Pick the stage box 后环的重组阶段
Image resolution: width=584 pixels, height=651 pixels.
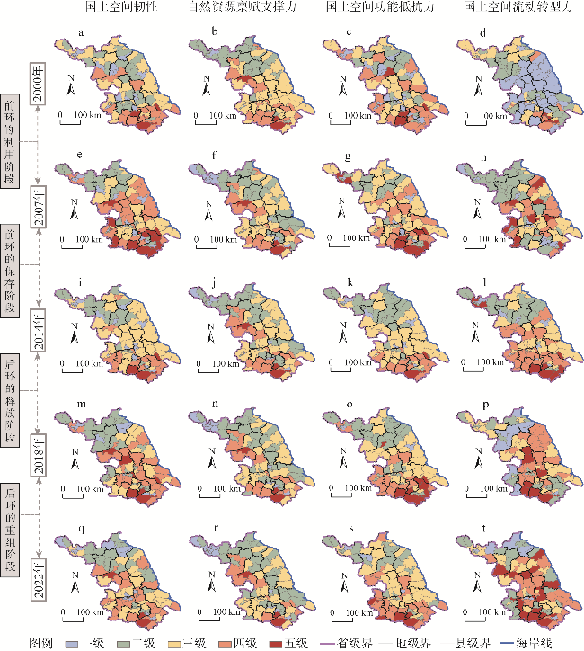pos(9,516)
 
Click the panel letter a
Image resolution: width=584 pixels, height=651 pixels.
pos(82,35)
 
